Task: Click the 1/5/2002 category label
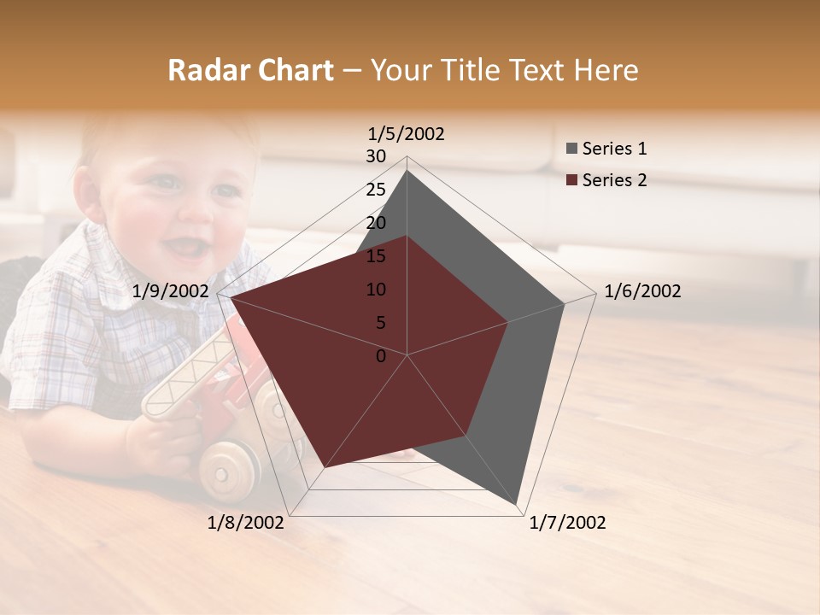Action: click(x=407, y=134)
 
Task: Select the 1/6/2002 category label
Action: click(x=642, y=291)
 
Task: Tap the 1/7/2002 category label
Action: click(x=567, y=523)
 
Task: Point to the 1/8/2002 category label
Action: click(x=246, y=523)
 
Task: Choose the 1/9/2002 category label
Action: click(x=171, y=291)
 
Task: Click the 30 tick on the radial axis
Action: click(x=376, y=157)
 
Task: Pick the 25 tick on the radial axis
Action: click(x=376, y=190)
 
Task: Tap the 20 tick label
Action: click(x=376, y=224)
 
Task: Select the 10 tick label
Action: click(x=376, y=290)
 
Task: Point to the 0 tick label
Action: click(x=381, y=356)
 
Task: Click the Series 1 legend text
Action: click(x=614, y=149)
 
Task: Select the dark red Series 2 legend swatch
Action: click(x=571, y=180)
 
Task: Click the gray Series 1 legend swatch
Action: click(x=571, y=149)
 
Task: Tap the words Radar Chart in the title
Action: click(x=250, y=71)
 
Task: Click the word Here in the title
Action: click(x=606, y=71)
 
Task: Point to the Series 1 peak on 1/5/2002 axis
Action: click(x=407, y=171)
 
